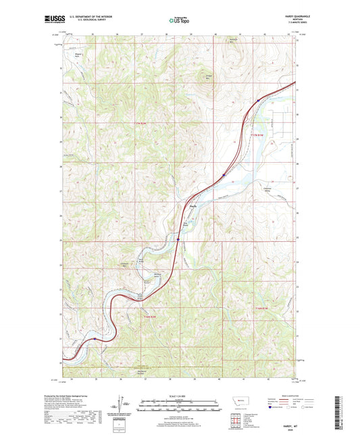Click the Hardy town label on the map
coord(193,206)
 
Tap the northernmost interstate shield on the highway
coord(258,100)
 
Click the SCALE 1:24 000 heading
coord(180,396)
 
